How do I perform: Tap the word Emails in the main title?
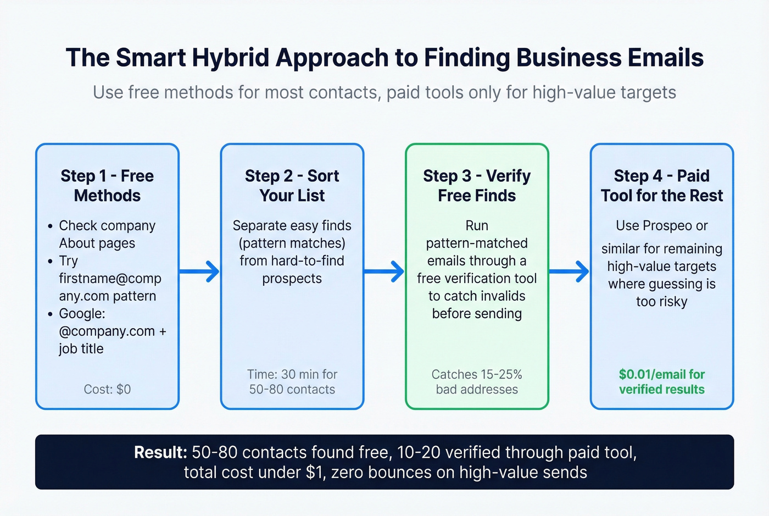(x=665, y=58)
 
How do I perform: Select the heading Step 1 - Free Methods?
(x=107, y=186)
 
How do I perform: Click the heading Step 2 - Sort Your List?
(x=292, y=186)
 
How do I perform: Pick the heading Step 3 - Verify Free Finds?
(x=477, y=186)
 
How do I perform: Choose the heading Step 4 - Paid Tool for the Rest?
(x=661, y=186)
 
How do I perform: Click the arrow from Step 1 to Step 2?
(x=199, y=271)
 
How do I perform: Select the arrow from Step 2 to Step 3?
(x=384, y=271)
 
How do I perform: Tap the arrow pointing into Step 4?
(x=569, y=271)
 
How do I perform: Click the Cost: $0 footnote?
(x=107, y=389)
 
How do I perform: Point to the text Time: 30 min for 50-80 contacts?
(x=292, y=381)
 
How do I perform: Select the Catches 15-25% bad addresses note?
(x=477, y=381)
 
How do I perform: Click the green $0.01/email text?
(x=661, y=374)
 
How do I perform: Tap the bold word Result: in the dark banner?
(x=160, y=452)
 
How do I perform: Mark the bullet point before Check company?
(x=51, y=226)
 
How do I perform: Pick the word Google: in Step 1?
(x=82, y=313)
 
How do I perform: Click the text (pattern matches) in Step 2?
(x=292, y=243)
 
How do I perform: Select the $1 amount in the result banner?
(x=313, y=473)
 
